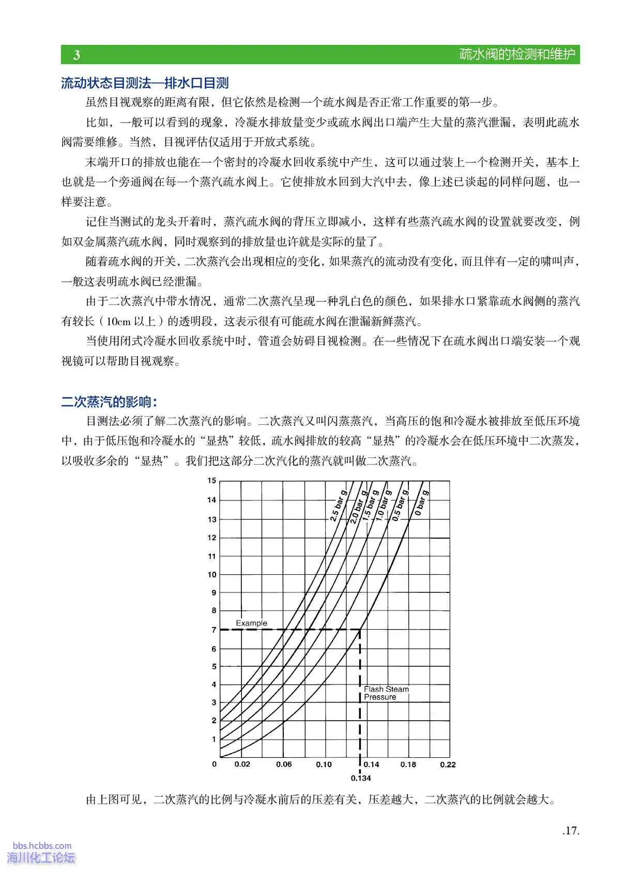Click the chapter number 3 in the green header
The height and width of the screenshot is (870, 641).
pyautogui.click(x=77, y=55)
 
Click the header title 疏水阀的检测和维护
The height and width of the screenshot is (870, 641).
pyautogui.click(x=517, y=54)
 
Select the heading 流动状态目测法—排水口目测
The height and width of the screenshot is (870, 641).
pyautogui.click(x=145, y=83)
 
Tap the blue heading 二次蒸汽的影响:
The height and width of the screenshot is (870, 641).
pyautogui.click(x=109, y=402)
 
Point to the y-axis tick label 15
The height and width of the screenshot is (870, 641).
pyautogui.click(x=212, y=481)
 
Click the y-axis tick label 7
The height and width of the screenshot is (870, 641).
pyautogui.click(x=213, y=630)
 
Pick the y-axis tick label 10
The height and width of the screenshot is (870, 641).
pyautogui.click(x=212, y=574)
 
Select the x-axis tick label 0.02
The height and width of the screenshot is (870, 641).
pyautogui.click(x=242, y=764)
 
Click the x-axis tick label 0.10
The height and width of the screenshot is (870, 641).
pyautogui.click(x=324, y=764)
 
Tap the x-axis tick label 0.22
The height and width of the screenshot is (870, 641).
pyautogui.click(x=448, y=764)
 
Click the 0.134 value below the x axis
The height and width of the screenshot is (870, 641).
pyautogui.click(x=361, y=778)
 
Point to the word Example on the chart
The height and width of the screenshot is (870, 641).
pyautogui.click(x=251, y=623)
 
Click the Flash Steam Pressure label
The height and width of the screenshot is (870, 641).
pyautogui.click(x=386, y=693)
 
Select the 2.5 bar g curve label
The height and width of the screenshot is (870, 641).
pyautogui.click(x=338, y=508)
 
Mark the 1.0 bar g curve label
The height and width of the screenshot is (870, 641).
pyautogui.click(x=384, y=505)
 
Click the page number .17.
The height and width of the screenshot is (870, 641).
pyautogui.click(x=571, y=831)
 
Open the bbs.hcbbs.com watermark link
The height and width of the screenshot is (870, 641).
pyautogui.click(x=42, y=846)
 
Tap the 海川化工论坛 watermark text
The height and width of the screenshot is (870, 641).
pyautogui.click(x=41, y=858)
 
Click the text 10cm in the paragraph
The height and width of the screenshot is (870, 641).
pyautogui.click(x=119, y=321)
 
